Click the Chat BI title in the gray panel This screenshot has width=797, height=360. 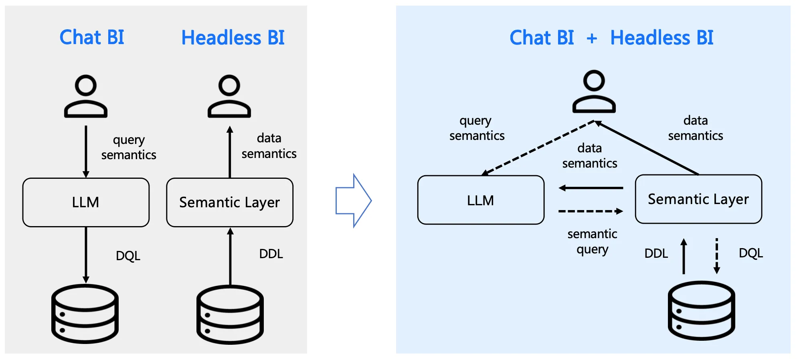92,37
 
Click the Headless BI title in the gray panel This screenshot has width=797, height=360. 233,38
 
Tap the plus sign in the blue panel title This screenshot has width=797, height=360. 592,38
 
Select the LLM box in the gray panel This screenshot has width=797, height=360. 86,202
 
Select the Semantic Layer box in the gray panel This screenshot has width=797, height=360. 230,202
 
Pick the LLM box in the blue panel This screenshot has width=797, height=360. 481,200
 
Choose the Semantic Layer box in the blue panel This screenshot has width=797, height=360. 698,199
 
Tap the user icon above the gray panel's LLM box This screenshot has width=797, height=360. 86,96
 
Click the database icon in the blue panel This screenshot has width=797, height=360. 701,311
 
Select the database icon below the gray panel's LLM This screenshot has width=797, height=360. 85,313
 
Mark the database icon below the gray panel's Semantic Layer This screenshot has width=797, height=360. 230,314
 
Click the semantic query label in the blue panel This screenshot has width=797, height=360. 592,241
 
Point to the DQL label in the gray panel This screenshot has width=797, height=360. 128,256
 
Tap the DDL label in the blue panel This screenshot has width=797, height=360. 656,253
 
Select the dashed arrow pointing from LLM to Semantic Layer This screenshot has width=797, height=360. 591,211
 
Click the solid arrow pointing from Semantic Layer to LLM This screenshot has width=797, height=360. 591,188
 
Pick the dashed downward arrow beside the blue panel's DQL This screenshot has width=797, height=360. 717,256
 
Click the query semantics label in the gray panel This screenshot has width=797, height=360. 128,147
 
